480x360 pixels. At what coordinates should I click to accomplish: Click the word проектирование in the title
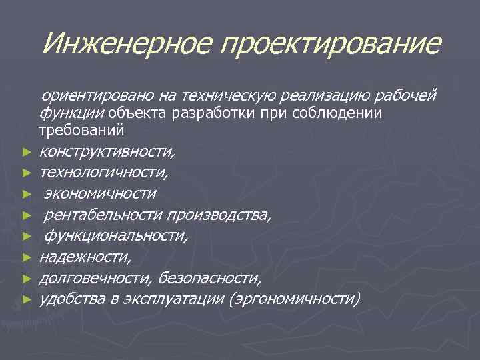tap(331, 44)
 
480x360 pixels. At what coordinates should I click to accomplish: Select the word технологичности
tap(104, 173)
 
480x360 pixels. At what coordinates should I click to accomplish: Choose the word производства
tap(219, 214)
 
